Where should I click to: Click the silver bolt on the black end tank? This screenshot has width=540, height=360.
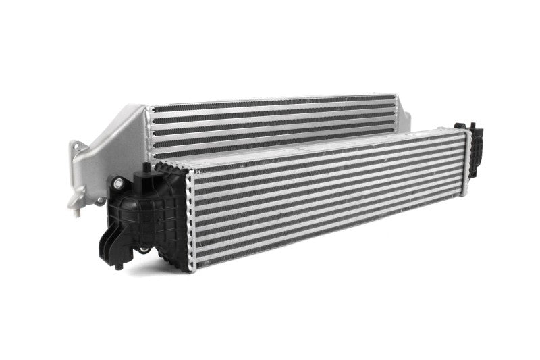pyautogui.click(x=119, y=182)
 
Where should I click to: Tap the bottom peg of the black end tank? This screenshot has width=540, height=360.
pyautogui.click(x=119, y=265)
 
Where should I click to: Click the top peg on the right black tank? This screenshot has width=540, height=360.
pyautogui.click(x=461, y=126)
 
